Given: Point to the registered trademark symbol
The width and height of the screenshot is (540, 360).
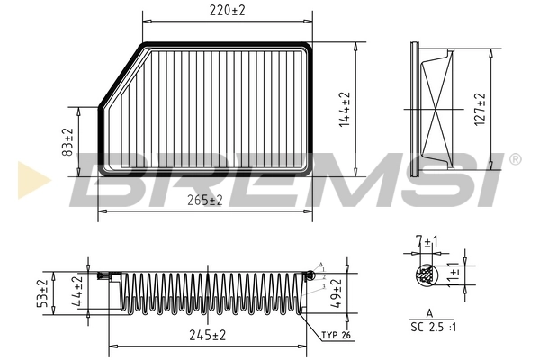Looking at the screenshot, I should [x=514, y=159].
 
